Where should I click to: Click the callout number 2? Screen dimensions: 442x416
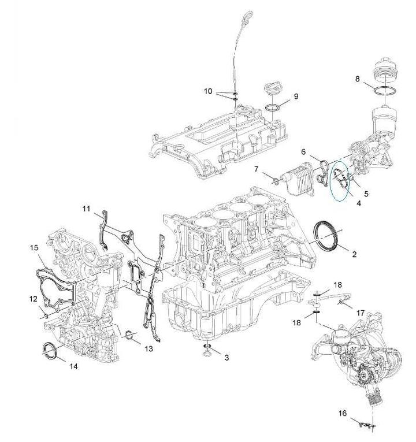pos(354,254)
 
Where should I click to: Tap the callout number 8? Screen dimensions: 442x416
pos(358,78)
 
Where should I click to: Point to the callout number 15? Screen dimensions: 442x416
pos(34,248)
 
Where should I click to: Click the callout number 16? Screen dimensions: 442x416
pos(343,413)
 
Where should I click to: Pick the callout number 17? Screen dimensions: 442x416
pos(360,313)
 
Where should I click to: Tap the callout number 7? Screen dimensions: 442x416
pos(256,169)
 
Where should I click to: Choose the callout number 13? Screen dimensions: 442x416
pos(149,348)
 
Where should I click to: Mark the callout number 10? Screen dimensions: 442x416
pos(208,91)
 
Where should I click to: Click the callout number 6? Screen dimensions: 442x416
pos(303,151)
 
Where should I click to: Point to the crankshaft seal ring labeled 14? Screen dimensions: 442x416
pos(51,350)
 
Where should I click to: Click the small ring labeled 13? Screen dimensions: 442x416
pos(130,335)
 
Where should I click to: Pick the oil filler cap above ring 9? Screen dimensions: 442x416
pos(272,91)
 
